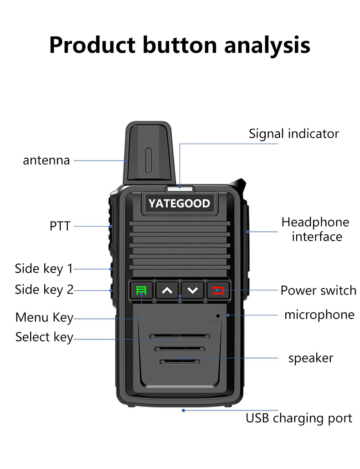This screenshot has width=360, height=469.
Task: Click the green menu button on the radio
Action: [141, 290]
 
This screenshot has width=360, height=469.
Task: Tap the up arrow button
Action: [167, 290]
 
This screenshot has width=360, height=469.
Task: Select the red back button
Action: [218, 290]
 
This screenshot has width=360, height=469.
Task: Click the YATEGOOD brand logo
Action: [180, 203]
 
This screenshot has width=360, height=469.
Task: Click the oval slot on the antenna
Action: [148, 160]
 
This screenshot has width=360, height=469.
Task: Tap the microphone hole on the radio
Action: [218, 316]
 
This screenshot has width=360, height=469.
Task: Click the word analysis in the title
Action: [267, 46]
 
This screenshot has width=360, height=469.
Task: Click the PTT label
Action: [60, 226]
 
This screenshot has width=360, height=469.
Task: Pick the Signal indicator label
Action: [294, 134]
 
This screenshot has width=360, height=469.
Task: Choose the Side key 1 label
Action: [44, 268]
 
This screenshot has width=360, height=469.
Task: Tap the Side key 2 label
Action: [44, 289]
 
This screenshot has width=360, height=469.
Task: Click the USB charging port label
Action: [298, 418]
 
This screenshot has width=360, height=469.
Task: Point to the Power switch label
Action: [318, 290]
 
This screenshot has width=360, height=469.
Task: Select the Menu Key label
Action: [44, 317]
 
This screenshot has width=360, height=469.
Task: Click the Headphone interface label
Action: [315, 229]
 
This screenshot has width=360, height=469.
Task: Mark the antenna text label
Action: [46, 160]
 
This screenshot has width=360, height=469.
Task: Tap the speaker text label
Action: [311, 358]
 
